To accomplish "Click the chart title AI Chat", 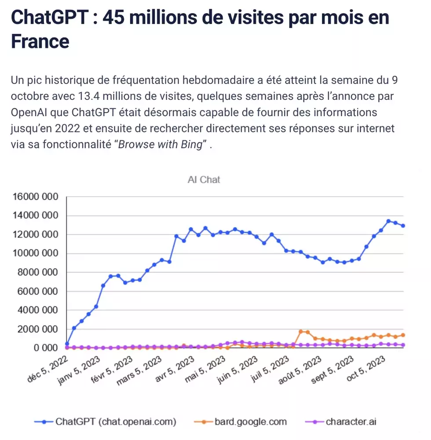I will coord(204,180).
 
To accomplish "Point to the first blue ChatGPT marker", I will coord(67,344).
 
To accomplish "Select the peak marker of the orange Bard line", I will coord(301,331).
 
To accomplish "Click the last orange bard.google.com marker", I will coord(403,335).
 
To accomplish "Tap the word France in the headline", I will coord(40,41).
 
